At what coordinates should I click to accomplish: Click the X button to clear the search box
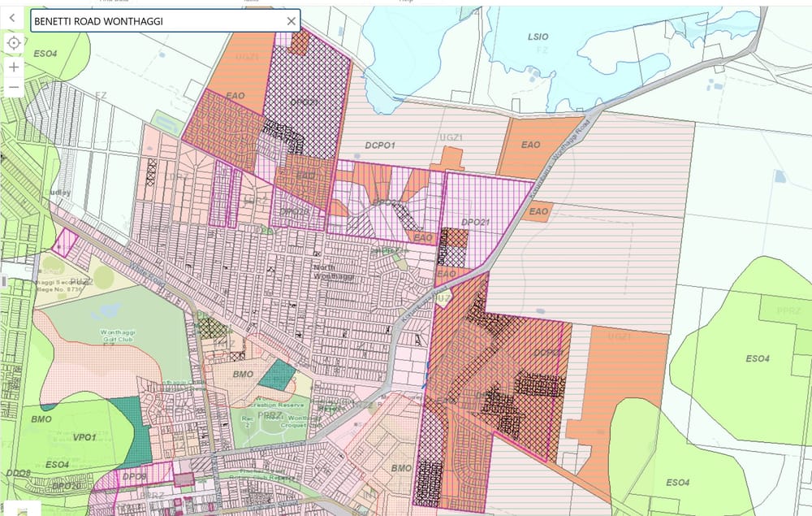coord(292,21)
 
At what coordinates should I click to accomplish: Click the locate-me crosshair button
coord(14,42)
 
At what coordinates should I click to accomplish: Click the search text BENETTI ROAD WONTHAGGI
coord(97,21)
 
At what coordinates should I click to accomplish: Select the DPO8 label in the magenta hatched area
coord(134,477)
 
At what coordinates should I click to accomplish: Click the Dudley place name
coord(61,193)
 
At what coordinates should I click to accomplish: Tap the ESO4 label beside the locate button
coord(45,54)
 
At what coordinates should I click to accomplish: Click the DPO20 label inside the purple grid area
coord(294,211)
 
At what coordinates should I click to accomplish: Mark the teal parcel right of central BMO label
coord(279,375)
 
